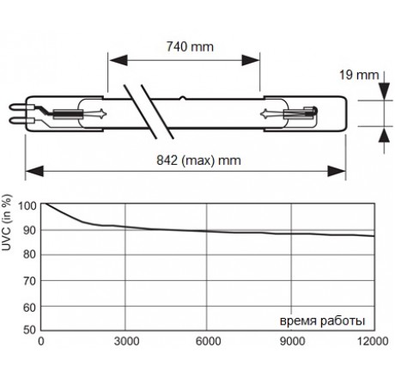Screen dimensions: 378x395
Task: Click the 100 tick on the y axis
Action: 27,206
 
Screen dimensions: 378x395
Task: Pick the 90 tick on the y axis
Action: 28,231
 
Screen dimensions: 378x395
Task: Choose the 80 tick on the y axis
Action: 28,256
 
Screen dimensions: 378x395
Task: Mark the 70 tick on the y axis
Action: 28,281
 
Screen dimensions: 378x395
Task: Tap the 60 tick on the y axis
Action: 28,306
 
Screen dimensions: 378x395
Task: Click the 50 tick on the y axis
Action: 28,329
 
